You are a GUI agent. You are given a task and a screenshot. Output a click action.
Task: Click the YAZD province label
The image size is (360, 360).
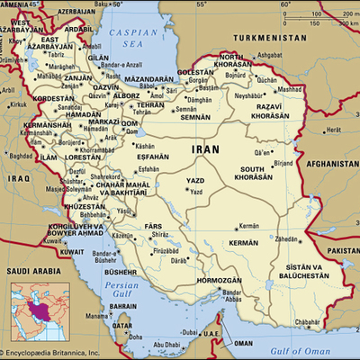click(193, 180)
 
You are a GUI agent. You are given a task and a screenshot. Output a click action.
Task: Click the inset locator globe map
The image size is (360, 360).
click(33, 310)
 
